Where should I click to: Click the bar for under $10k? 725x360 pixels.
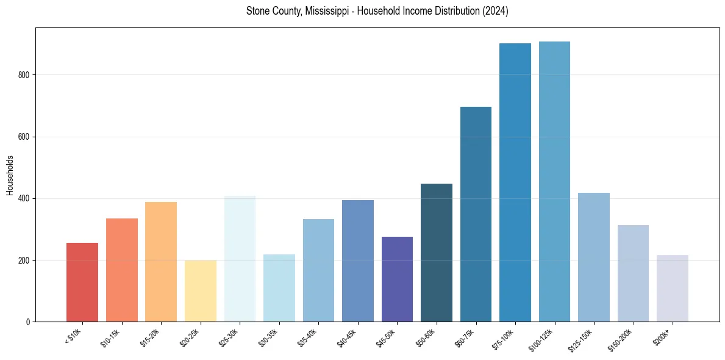(82, 282)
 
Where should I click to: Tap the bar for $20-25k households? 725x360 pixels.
(201, 290)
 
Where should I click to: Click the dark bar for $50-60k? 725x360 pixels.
(437, 253)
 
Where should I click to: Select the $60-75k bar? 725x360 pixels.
(476, 214)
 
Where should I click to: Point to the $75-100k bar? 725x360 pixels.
(515, 182)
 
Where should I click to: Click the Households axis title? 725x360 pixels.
(10, 175)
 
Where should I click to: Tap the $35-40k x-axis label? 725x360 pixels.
(308, 337)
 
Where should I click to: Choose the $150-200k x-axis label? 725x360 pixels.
(620, 339)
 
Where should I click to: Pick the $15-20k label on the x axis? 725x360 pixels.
(151, 337)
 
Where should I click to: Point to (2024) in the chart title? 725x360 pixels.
(497, 12)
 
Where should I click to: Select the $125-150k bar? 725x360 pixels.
(594, 257)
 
